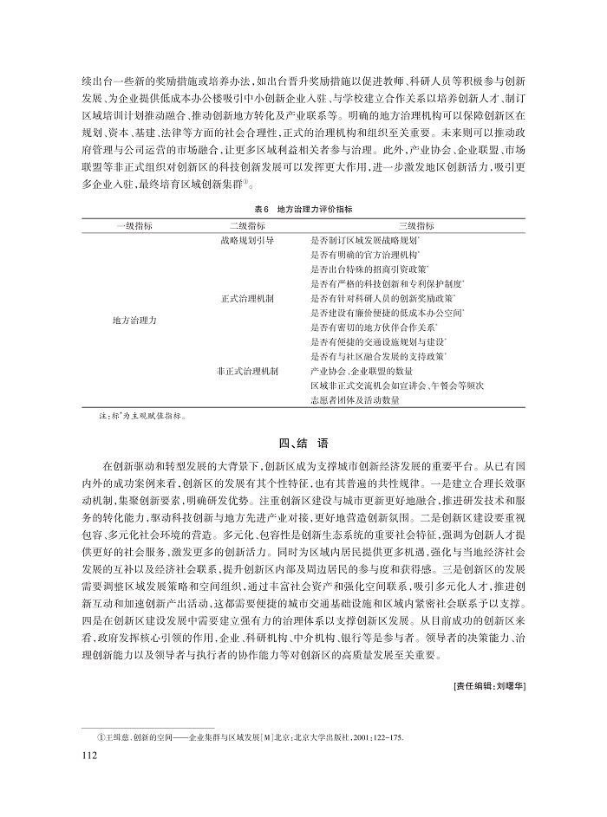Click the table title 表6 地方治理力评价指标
coord(303,209)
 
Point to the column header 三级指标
coord(390,224)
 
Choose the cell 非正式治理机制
coord(248,371)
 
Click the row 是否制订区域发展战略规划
coord(365,238)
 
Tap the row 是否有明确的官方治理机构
coord(365,253)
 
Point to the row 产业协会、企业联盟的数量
coord(355,371)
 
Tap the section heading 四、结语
coord(303,443)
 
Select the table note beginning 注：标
coord(140,416)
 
